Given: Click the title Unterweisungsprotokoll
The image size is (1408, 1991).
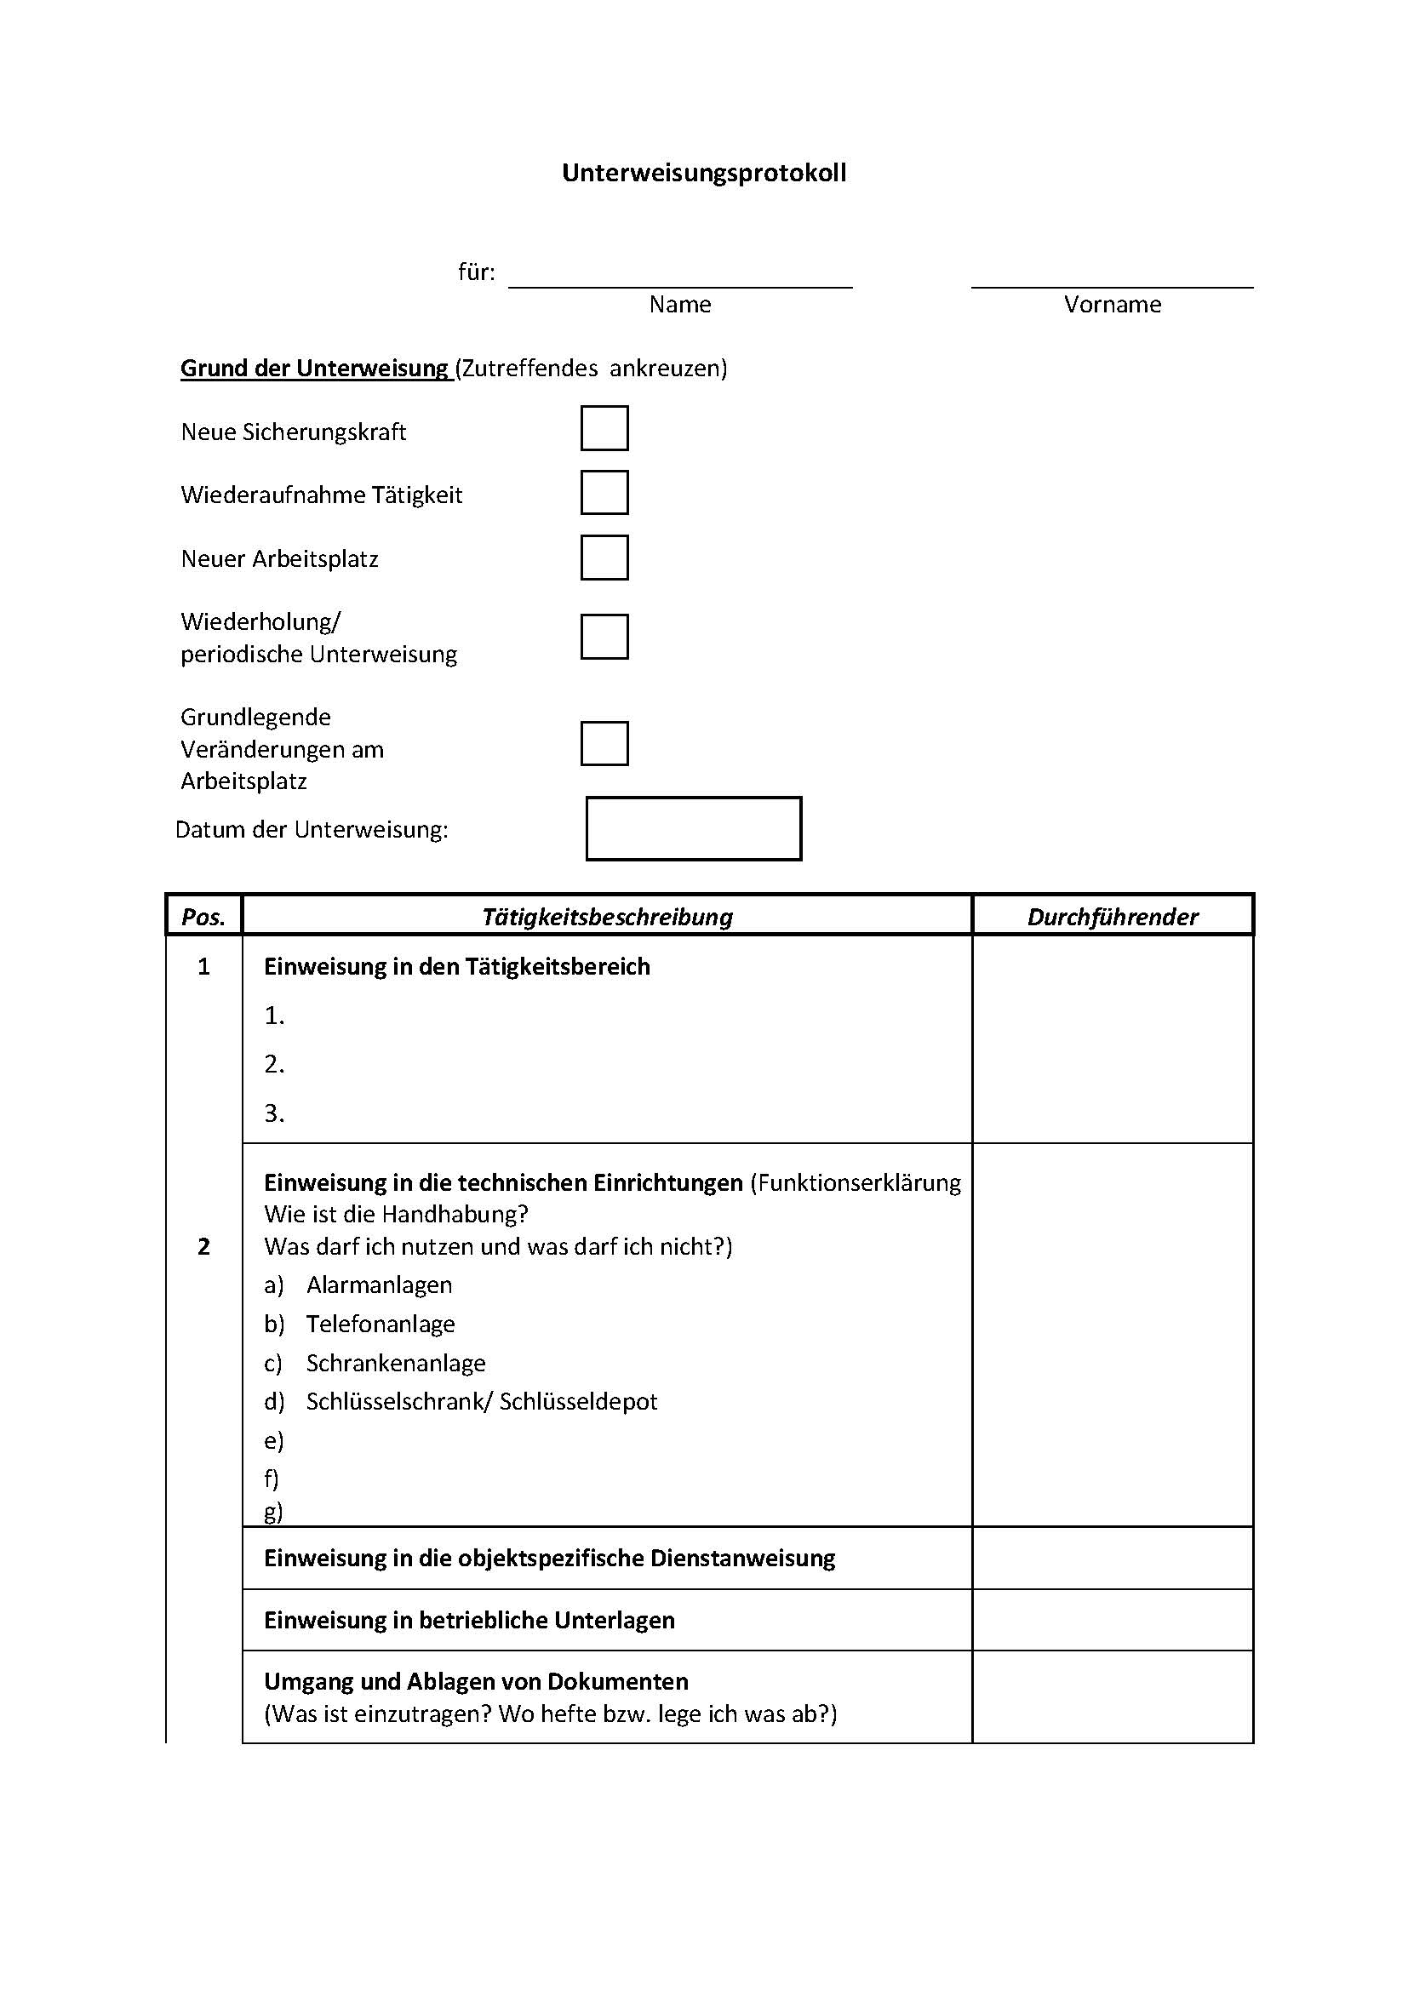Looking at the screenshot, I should [704, 173].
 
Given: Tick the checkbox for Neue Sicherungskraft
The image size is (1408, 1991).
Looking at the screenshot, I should [604, 428].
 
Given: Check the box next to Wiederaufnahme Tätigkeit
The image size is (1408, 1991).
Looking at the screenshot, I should [604, 493].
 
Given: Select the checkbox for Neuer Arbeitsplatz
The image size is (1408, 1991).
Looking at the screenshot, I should [604, 558].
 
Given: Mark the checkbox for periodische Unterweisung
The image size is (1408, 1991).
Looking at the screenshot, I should [604, 637].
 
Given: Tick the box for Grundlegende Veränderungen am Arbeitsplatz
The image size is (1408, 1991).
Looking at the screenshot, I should [604, 743].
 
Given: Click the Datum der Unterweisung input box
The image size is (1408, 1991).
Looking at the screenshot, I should [694, 829].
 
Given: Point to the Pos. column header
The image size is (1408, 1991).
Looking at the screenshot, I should [203, 917].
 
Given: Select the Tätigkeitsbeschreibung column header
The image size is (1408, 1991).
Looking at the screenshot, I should [607, 917].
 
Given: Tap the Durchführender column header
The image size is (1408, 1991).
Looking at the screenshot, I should [1113, 917].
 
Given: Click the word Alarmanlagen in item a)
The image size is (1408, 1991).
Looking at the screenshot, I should [379, 1285].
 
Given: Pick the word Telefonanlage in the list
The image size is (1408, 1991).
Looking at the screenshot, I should [380, 1324].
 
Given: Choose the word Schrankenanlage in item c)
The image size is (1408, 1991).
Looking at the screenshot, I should [395, 1363].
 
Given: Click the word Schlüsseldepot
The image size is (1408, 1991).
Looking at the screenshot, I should [578, 1401].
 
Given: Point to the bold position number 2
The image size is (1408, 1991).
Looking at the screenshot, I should [203, 1247].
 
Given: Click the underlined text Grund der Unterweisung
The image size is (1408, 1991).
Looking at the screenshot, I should [315, 369].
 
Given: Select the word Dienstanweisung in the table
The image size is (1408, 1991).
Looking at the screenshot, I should [742, 1559].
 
